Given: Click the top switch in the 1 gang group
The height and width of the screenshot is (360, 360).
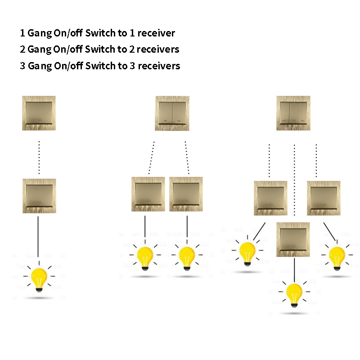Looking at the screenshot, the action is [39, 113].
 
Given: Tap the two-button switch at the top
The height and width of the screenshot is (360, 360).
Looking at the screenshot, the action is [172, 113].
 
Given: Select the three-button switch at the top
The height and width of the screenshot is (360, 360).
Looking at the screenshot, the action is [293, 113].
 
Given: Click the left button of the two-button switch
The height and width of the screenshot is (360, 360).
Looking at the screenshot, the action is [166, 113].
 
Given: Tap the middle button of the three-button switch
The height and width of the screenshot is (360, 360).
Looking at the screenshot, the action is [293, 113].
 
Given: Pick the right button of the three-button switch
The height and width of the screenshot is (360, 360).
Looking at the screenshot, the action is [302, 113].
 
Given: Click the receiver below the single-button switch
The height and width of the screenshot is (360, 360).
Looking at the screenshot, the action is [39, 196].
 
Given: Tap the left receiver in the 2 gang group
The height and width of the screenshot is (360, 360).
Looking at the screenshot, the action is [148, 194].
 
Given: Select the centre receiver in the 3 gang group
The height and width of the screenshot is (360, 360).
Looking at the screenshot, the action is [293, 239].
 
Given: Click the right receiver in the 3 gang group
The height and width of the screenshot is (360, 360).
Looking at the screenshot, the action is [324, 198].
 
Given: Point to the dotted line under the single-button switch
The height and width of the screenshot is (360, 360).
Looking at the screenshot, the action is [39, 157].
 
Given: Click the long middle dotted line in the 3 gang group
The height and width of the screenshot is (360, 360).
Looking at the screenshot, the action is [294, 180].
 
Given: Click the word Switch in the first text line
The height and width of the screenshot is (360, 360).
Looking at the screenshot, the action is [100, 33].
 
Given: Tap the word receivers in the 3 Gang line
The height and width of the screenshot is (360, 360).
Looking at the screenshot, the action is [159, 66].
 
